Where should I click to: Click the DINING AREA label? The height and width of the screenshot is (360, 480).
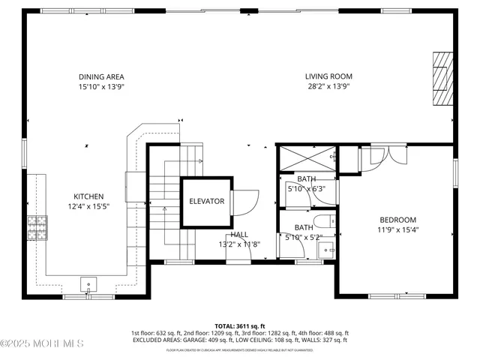(x=101, y=76)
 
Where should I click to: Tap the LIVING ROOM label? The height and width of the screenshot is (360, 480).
(x=328, y=76)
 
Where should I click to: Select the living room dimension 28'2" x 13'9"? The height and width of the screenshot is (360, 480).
(x=328, y=86)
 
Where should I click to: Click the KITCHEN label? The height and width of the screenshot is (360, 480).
(x=88, y=196)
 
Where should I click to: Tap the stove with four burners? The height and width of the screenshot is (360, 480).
(x=37, y=226)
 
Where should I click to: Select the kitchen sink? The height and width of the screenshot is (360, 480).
(x=89, y=284)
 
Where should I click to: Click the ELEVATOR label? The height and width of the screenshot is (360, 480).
(x=206, y=202)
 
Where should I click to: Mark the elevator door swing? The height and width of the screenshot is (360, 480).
(x=244, y=201)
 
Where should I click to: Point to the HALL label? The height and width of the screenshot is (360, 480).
(x=239, y=235)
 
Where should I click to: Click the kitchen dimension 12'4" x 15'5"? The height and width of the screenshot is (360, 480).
(x=88, y=206)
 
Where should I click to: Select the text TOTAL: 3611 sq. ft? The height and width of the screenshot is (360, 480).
(x=240, y=326)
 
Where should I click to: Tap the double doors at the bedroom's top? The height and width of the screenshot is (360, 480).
(x=382, y=155)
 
